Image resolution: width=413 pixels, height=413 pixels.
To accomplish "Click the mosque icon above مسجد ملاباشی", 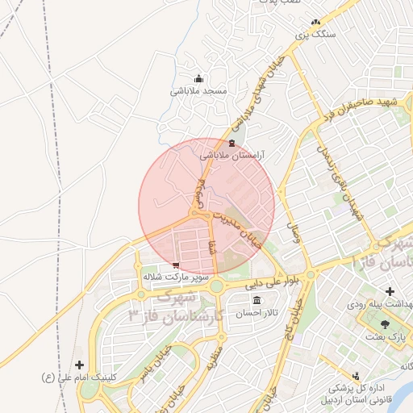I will coord(198,79).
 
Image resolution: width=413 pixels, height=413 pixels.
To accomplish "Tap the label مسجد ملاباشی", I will coord(198,91).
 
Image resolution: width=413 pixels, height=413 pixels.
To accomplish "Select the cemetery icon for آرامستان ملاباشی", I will coord(232,144).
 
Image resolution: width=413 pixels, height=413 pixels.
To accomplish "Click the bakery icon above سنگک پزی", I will coord(315,23).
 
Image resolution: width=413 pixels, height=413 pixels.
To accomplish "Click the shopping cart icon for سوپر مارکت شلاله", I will coord(176,265).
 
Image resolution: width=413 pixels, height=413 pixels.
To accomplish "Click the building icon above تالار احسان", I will coord(257,301).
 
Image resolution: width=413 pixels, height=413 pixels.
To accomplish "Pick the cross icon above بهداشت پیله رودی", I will coord(390,291).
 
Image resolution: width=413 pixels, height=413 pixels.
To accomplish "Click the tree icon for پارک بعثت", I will coord(384,323).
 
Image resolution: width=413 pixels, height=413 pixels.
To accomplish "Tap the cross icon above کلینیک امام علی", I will coord(79,365).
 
